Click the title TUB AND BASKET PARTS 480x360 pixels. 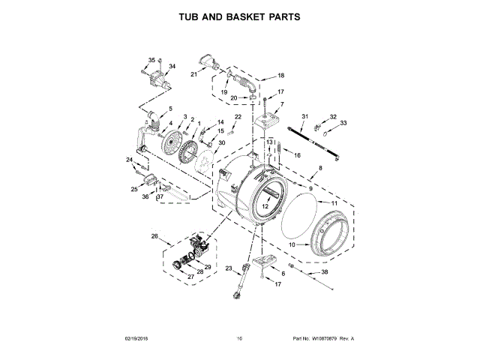tap(239, 16)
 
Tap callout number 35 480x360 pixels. tap(151, 60)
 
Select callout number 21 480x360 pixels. tap(193, 73)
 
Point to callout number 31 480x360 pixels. tap(305, 115)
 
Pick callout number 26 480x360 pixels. tap(154, 237)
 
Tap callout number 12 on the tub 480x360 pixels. tap(265, 205)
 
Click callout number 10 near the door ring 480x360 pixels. tap(293, 244)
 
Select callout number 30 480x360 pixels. tap(221, 143)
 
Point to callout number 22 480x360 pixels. tap(238, 117)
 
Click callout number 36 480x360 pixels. tap(146, 196)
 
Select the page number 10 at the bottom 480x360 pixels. tap(239, 338)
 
